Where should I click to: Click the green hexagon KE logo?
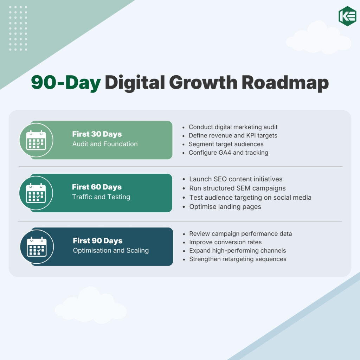[347, 16]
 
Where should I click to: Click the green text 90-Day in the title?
[66, 83]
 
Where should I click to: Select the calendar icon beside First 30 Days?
[36, 140]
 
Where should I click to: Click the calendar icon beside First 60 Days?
[36, 193]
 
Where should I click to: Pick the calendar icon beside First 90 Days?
[37, 247]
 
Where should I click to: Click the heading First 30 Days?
[97, 134]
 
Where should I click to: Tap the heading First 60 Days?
[97, 187]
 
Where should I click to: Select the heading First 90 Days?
[98, 241]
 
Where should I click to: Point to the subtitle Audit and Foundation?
[105, 144]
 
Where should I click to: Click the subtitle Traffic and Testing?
[101, 197]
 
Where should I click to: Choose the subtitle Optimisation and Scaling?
[111, 251]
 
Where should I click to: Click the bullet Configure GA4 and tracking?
[228, 153]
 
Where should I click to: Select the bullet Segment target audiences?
[226, 144]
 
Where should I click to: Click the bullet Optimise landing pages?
[225, 206]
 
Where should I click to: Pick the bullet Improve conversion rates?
[225, 242]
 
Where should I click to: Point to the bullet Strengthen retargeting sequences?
[238, 259]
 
